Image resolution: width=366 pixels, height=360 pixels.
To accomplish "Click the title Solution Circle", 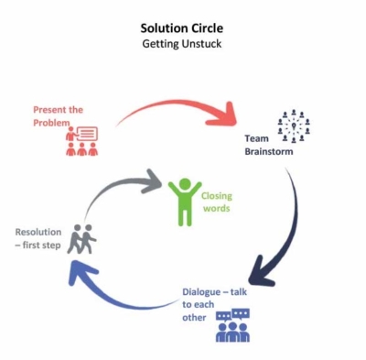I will point(183,27).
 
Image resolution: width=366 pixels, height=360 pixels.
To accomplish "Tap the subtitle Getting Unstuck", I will point(183,42).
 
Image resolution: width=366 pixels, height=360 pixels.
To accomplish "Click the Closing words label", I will point(217,202).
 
